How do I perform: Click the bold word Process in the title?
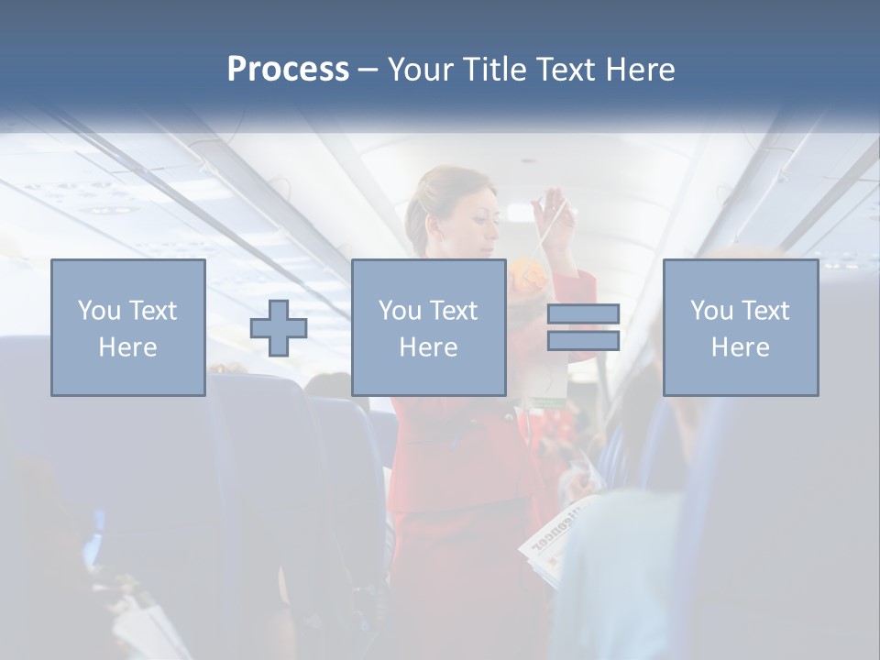pyautogui.click(x=288, y=70)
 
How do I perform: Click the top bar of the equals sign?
pyautogui.click(x=584, y=314)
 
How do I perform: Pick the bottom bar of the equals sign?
pyautogui.click(x=584, y=341)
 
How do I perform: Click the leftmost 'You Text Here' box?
pyautogui.click(x=128, y=327)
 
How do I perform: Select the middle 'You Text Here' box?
pyautogui.click(x=429, y=327)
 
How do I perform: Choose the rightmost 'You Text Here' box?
pyautogui.click(x=741, y=327)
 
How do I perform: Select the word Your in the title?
pyautogui.click(x=420, y=70)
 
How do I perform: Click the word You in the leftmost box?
pyautogui.click(x=99, y=311)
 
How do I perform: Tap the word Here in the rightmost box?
pyautogui.click(x=740, y=347)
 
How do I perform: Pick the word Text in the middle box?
pyautogui.click(x=453, y=311)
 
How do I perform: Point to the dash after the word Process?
pyautogui.click(x=368, y=71)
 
